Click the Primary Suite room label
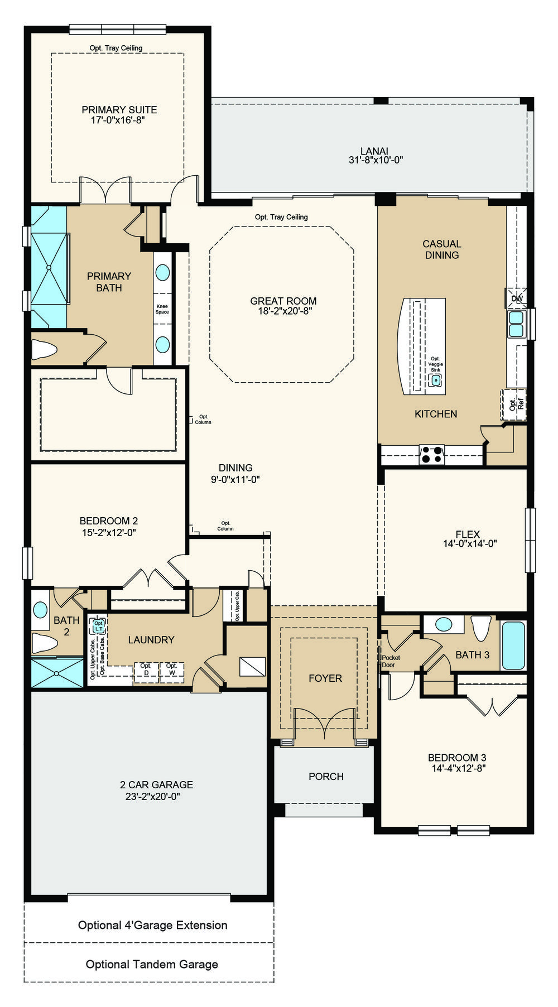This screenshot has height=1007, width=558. [119, 110]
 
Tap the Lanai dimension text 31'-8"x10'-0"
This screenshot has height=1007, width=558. [376, 160]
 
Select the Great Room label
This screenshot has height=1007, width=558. [283, 301]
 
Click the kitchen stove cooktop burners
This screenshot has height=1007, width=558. [432, 455]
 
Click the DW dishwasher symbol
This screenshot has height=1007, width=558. [516, 298]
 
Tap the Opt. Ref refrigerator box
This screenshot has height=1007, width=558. [513, 404]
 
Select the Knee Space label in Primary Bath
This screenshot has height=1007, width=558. [162, 309]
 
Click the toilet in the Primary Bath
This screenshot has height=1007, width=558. [44, 350]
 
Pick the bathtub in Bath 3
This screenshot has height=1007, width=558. [513, 645]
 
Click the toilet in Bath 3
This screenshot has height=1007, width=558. [481, 627]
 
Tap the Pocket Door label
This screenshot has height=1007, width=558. [391, 661]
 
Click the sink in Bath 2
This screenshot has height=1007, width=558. [40, 610]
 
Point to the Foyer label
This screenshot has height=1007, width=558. [325, 678]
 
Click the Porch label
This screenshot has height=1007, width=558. [326, 777]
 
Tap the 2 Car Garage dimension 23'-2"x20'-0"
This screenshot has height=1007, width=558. [153, 797]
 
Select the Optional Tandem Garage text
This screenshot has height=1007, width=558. [152, 964]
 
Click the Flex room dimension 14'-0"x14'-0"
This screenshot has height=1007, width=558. [470, 544]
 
